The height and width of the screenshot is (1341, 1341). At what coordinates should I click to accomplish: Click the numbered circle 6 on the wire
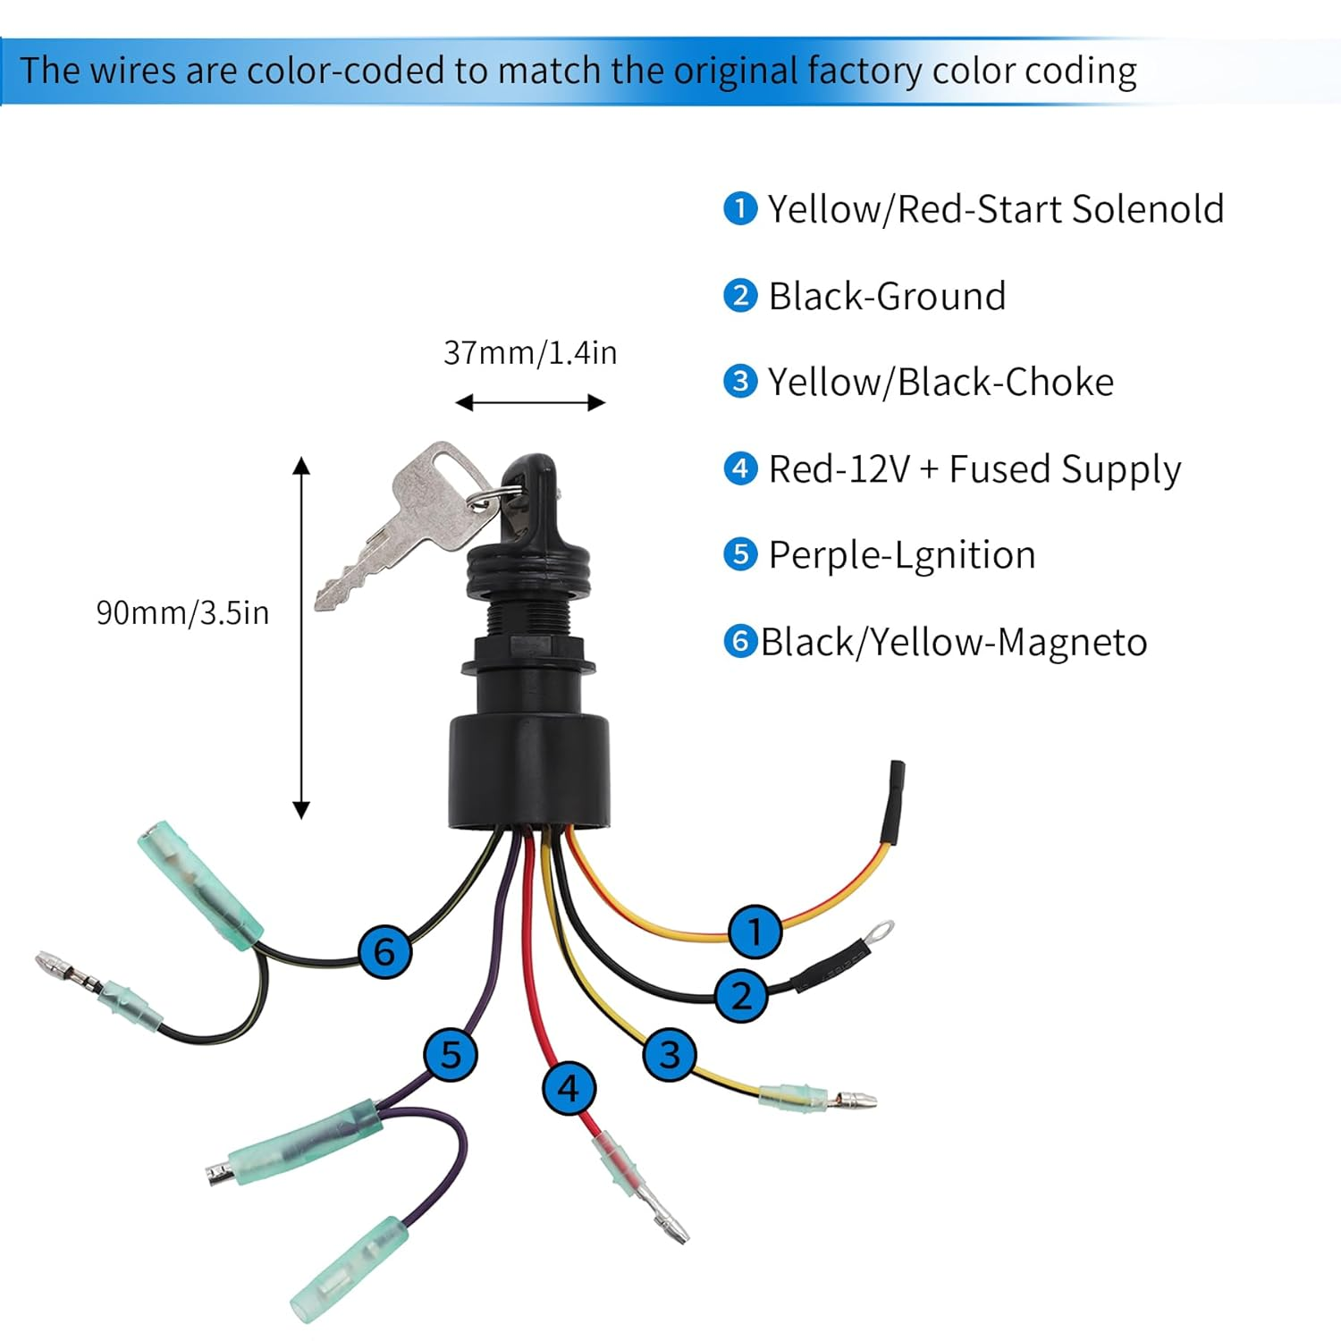coord(384,950)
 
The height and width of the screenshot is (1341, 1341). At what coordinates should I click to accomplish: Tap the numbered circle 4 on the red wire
coord(569,1088)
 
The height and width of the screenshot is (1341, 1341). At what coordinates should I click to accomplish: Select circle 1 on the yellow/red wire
coord(755,932)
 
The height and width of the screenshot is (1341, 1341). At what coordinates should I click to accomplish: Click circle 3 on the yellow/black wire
coord(670,1054)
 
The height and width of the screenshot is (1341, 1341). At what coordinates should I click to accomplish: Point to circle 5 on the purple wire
coord(451,1054)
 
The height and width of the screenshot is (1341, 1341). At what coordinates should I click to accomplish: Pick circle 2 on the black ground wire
coord(741,995)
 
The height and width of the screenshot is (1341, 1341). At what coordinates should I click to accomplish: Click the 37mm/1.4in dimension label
coord(530,353)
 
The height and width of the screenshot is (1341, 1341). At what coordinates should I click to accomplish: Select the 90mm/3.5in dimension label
coord(182,612)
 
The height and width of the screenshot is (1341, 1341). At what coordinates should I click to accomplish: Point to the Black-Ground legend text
coord(887,296)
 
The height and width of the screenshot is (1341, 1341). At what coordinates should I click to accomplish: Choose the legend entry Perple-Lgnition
coord(901,555)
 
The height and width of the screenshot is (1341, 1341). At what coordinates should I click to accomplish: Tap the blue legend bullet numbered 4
coord(740,468)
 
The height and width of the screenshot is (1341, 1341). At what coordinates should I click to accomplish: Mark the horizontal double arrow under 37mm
coord(530,403)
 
